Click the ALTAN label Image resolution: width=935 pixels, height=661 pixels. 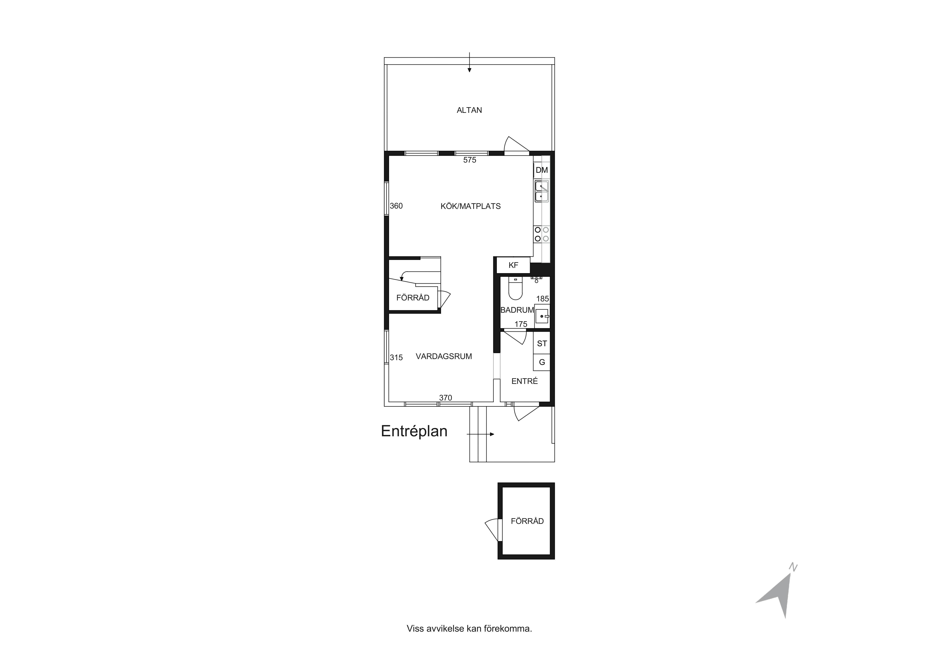[x=469, y=110]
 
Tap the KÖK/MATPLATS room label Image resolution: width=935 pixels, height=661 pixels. [x=470, y=206]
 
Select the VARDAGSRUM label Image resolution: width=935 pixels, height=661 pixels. [x=443, y=356]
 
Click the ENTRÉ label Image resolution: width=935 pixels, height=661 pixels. [x=524, y=381]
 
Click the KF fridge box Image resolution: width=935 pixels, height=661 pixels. [x=513, y=265]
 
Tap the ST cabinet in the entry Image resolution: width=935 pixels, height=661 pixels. [x=542, y=343]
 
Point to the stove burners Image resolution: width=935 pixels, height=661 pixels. [x=542, y=234]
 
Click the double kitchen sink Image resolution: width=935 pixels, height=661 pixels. [x=542, y=191]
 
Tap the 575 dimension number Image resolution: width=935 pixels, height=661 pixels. [x=469, y=160]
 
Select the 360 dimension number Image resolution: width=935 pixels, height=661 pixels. [x=396, y=206]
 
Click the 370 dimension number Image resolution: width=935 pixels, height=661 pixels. [x=446, y=398]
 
